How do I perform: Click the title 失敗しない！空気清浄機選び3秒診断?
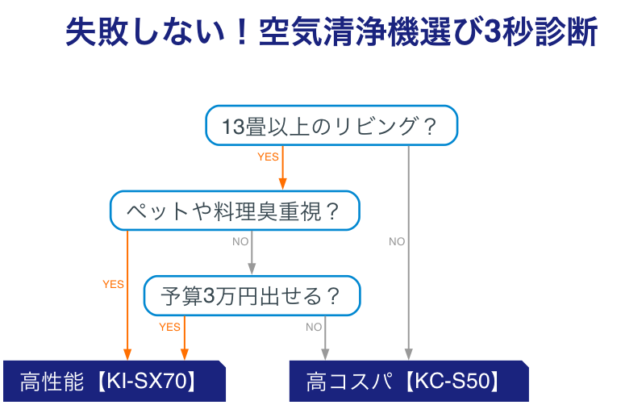click(x=331, y=33)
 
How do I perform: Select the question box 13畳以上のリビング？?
click(x=331, y=126)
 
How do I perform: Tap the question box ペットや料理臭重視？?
click(x=234, y=211)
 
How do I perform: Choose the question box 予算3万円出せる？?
click(x=252, y=295)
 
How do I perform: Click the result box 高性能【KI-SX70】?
click(x=113, y=381)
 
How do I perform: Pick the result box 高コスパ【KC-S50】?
click(x=407, y=381)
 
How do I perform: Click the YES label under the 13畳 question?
click(x=268, y=157)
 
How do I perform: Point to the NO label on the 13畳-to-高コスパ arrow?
click(x=397, y=241)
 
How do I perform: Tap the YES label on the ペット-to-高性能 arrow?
click(x=113, y=284)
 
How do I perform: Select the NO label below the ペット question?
click(x=240, y=241)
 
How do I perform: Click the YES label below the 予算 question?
click(x=169, y=327)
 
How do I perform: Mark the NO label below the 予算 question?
click(x=314, y=327)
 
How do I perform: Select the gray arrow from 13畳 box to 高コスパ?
click(x=408, y=266)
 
